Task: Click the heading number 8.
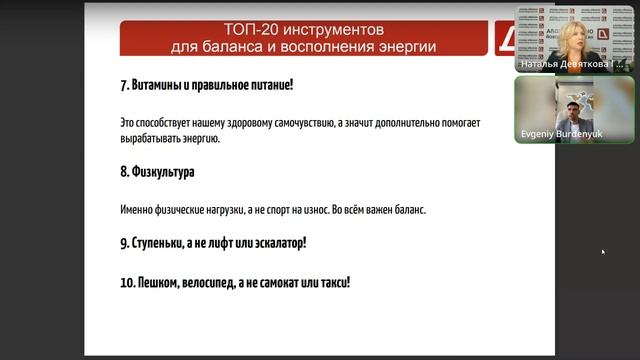click(122, 172)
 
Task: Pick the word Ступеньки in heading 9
click(167, 243)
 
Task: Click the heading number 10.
click(125, 283)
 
